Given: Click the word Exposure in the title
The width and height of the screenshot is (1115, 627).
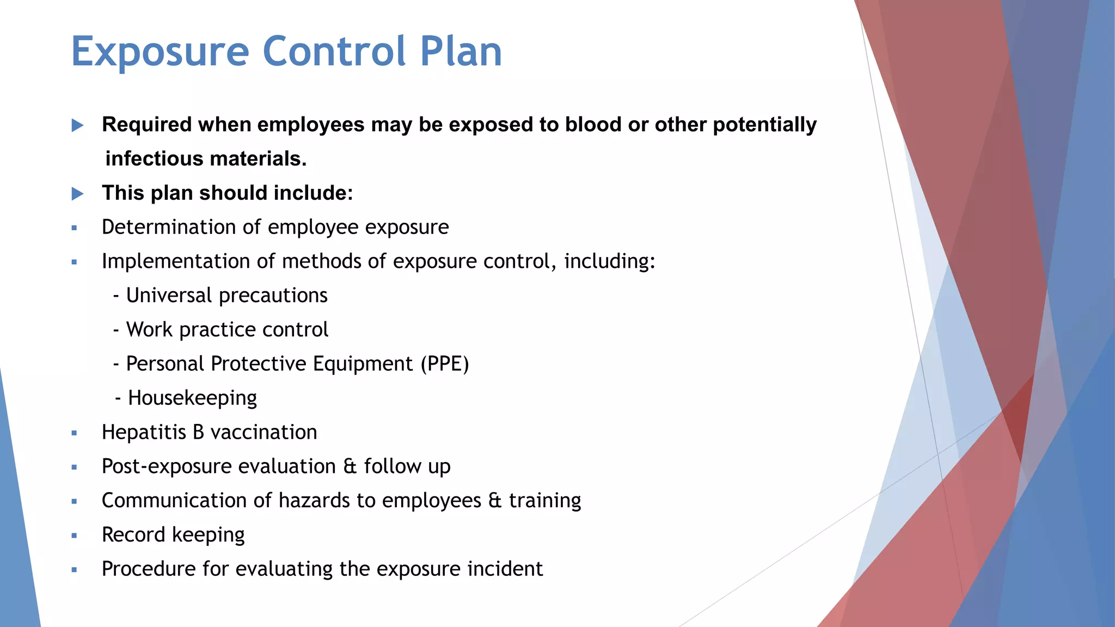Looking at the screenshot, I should pyautogui.click(x=160, y=52).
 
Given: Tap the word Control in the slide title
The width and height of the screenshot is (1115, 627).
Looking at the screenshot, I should pyautogui.click(x=334, y=52).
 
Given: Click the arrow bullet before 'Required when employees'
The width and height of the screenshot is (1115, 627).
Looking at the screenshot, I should pyautogui.click(x=77, y=126).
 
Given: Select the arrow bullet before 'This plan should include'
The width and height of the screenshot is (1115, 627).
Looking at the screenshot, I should pyautogui.click(x=77, y=194).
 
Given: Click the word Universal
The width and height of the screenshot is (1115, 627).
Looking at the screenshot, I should pyautogui.click(x=169, y=296).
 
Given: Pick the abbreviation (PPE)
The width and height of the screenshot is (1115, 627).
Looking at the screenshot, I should pyautogui.click(x=444, y=364).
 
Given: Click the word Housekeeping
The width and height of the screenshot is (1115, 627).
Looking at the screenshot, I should pyautogui.click(x=192, y=398).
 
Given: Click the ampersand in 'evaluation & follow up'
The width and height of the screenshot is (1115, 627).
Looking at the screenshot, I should pyautogui.click(x=350, y=467).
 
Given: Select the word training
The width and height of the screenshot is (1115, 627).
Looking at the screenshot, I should pyautogui.click(x=545, y=501).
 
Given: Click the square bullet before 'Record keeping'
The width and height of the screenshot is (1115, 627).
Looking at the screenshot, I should pyautogui.click(x=75, y=536).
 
